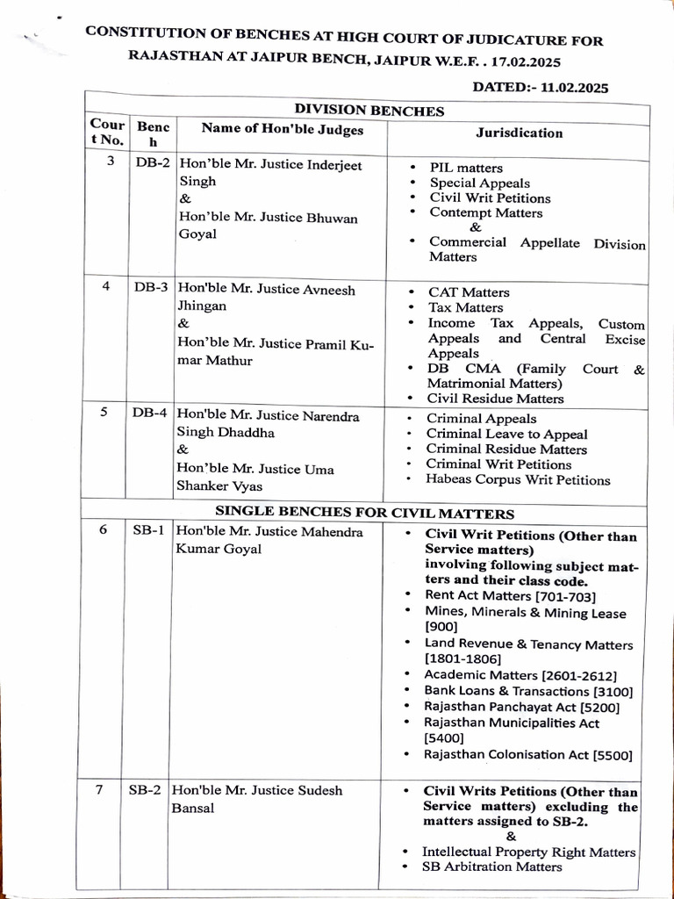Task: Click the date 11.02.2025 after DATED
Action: tap(575, 87)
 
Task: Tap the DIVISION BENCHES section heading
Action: tap(369, 111)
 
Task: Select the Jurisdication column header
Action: tap(520, 133)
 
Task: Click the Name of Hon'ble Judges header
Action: tap(282, 129)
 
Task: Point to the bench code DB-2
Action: tap(152, 163)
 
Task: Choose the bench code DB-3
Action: tap(152, 287)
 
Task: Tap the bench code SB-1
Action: tap(148, 531)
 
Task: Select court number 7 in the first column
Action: tap(100, 789)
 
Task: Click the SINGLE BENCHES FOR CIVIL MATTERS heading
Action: tap(364, 513)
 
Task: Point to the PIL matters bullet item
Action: tap(466, 168)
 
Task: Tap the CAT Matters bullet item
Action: tap(469, 292)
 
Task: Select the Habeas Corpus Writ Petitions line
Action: tap(518, 480)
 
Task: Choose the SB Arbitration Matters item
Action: tap(491, 867)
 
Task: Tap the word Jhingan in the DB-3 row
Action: tap(203, 306)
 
